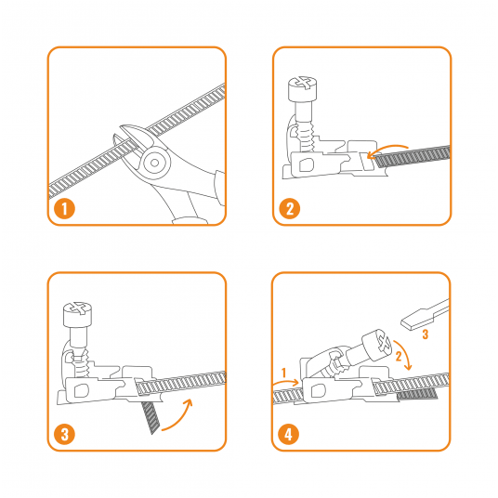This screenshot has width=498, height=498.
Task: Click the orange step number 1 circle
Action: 64,209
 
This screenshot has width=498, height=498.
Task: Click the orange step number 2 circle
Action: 289,209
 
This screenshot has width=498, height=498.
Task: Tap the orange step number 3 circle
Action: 64,434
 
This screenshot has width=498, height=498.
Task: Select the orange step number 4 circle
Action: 288,434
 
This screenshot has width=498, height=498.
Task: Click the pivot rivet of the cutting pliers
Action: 155,163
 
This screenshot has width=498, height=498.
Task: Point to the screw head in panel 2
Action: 302,88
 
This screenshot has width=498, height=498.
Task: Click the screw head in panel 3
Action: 77,314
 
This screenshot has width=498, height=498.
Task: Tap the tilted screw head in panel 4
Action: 377,345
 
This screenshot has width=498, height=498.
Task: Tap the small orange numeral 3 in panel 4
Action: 425,334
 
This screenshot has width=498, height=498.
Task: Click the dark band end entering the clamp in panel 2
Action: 412,157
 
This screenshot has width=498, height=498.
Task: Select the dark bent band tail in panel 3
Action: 151,417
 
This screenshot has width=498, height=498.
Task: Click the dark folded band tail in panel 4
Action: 416,394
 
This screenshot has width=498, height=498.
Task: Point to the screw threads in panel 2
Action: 307,138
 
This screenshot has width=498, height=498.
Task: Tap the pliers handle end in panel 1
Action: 190,220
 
